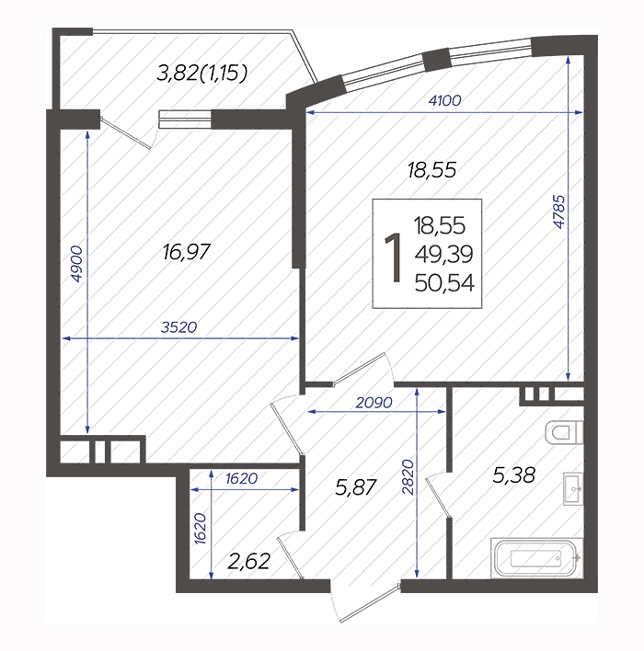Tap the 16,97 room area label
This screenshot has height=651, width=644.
187,252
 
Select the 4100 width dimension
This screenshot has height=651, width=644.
444,100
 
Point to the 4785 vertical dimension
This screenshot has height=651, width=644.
559,211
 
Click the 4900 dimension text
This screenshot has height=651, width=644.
76,264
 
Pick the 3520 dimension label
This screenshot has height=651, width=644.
179,327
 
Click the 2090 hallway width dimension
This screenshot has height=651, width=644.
374,403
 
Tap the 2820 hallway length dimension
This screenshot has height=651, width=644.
408,477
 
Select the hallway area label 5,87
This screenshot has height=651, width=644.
356,487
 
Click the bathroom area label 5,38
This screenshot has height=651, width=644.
513,475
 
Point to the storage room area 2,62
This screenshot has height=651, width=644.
249,561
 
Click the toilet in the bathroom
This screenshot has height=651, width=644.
564,433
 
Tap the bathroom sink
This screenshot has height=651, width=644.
573,488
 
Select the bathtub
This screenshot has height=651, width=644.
537,558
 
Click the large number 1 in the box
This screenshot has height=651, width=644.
394,257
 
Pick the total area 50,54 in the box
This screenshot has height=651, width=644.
444,283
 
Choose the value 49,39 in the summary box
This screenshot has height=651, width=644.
443,255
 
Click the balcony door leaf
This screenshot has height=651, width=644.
126,132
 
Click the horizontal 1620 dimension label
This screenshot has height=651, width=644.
241,479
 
